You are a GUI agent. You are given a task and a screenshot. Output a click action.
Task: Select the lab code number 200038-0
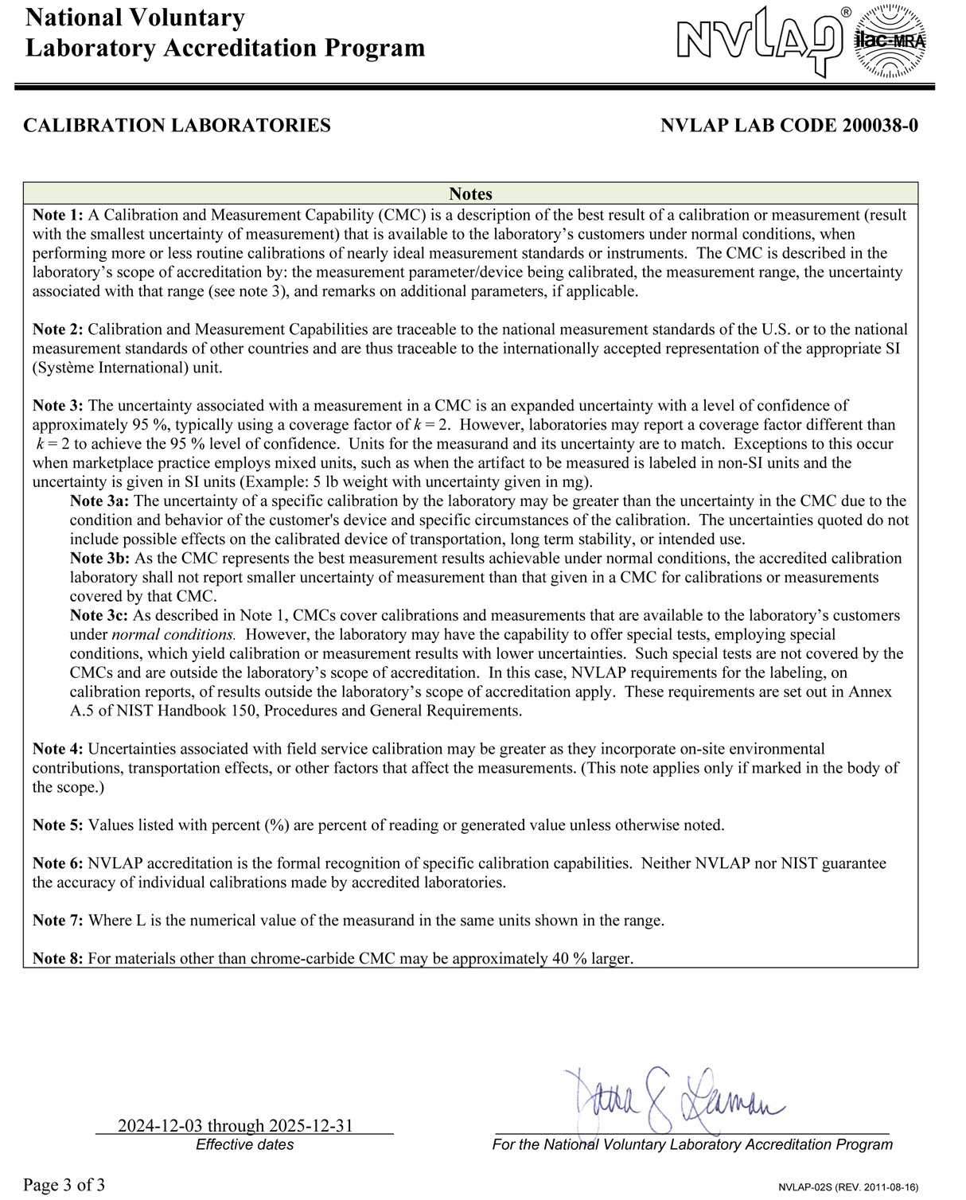pyautogui.click(x=879, y=126)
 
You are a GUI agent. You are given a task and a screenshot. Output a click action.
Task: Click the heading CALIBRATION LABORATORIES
pyautogui.click(x=177, y=126)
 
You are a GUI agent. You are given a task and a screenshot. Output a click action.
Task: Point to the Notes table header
pyautogui.click(x=470, y=194)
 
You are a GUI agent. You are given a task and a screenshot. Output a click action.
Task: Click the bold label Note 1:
pyautogui.click(x=57, y=215)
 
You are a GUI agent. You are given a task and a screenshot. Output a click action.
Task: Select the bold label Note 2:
pyautogui.click(x=57, y=329)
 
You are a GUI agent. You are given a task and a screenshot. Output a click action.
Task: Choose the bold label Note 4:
pyautogui.click(x=57, y=749)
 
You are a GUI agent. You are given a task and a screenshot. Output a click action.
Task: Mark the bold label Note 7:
pyautogui.click(x=57, y=921)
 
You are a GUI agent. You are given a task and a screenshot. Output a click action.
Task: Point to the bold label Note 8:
pyautogui.click(x=57, y=959)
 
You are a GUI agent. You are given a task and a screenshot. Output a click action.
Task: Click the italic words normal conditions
pyautogui.click(x=173, y=635)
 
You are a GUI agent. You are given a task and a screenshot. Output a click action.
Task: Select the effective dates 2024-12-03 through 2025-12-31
pyautogui.click(x=236, y=1126)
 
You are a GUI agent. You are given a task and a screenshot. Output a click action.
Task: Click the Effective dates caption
pyautogui.click(x=244, y=1145)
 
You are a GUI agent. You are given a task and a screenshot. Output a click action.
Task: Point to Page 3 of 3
pyautogui.click(x=64, y=1185)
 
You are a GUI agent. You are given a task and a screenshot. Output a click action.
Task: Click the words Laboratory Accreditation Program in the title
pyautogui.click(x=225, y=48)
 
